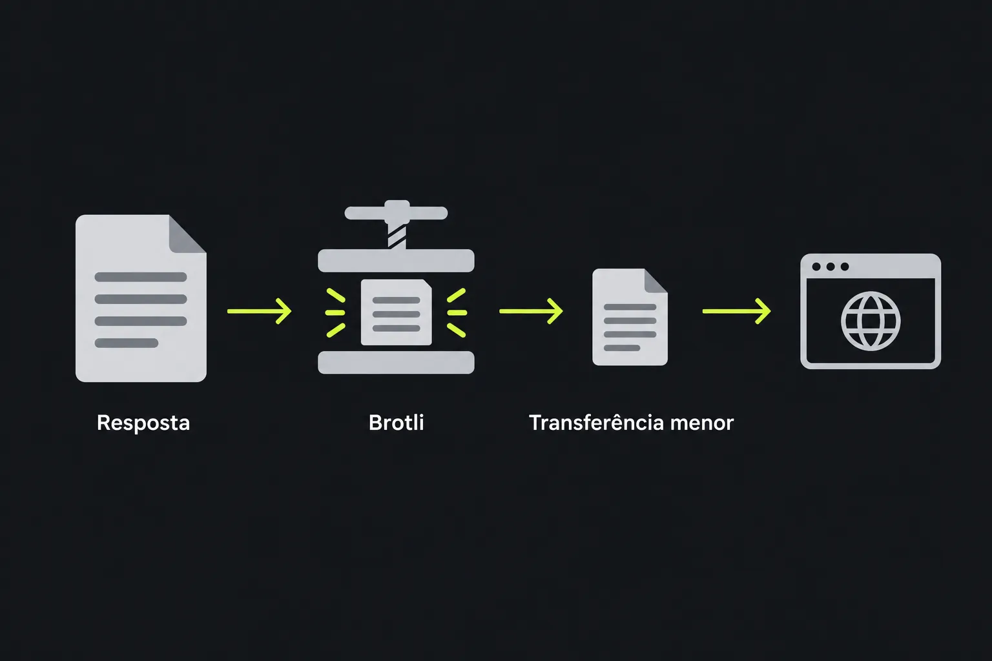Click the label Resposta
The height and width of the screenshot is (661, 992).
[x=143, y=423]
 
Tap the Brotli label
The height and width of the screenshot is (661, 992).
[x=397, y=423]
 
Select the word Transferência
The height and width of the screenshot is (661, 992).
[x=596, y=423]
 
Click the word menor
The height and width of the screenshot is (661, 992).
[x=702, y=423]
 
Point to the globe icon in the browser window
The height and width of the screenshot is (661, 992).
[x=871, y=321]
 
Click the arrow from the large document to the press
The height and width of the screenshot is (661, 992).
[x=260, y=311]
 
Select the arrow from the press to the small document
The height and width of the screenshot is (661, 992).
[x=531, y=311]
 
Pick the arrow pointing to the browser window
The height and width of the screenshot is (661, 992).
[x=736, y=311]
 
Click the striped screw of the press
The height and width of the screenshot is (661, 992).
[x=397, y=236]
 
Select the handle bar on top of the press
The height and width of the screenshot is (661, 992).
[x=397, y=212]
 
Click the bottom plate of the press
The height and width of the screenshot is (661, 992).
[x=397, y=363]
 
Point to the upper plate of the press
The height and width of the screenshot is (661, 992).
[x=397, y=261]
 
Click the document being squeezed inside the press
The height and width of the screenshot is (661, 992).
[x=397, y=312]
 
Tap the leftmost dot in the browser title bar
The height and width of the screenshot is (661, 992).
[x=816, y=267]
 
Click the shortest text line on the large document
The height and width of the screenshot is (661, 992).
[x=127, y=343]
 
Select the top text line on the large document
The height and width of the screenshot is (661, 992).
[x=141, y=277]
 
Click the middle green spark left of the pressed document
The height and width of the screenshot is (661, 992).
[x=335, y=312]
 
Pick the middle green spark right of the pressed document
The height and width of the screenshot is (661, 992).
[x=457, y=312]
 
